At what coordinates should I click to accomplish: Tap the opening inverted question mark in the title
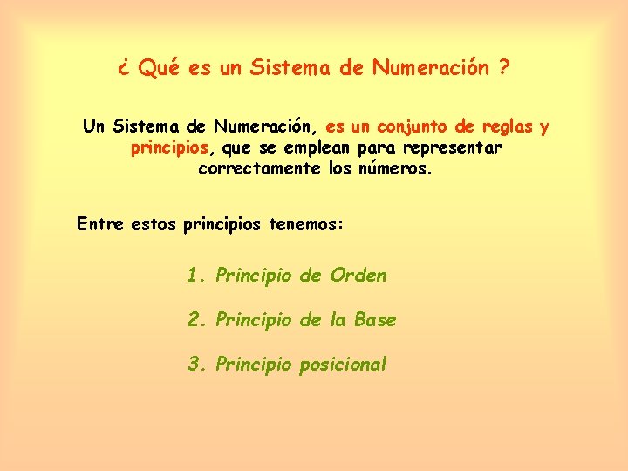tap(124, 69)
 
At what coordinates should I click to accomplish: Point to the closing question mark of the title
tap(505, 68)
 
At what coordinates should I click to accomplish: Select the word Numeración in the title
tap(431, 68)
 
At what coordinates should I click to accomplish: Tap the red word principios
tap(169, 148)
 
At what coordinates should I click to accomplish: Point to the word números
tap(394, 168)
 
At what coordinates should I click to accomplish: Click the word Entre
tap(100, 224)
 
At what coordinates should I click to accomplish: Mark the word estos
tap(153, 224)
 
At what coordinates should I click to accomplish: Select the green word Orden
tap(358, 276)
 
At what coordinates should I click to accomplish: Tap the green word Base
tap(375, 320)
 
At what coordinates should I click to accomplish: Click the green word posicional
tap(343, 365)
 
